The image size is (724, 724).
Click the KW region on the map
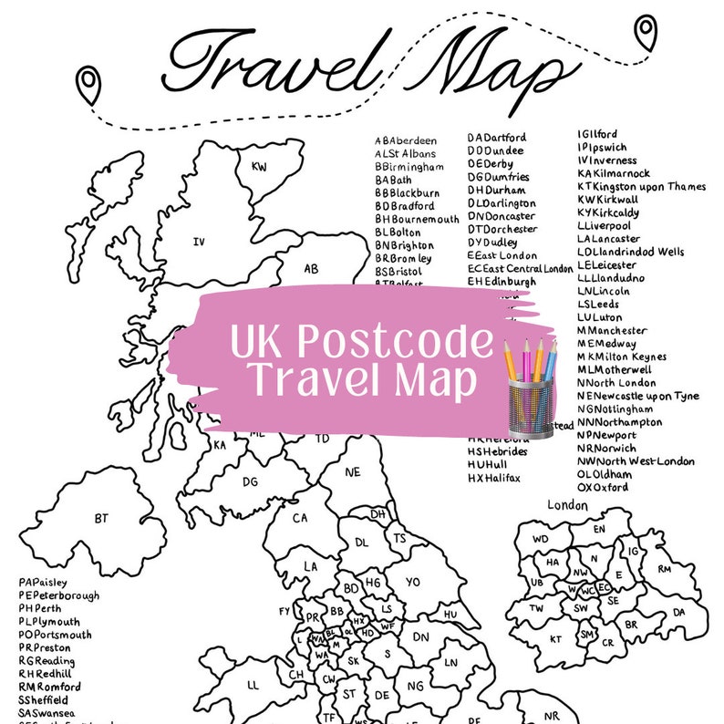[x=259, y=167]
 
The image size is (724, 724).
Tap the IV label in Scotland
[x=197, y=242]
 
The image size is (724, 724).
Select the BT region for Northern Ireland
[x=101, y=519]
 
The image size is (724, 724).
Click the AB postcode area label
[x=311, y=269]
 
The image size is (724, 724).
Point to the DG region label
[x=250, y=481]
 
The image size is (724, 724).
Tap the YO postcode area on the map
[x=412, y=581]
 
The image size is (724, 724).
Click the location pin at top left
[x=88, y=85]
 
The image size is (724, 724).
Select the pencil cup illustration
[x=529, y=387]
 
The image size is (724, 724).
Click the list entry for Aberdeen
[x=406, y=141]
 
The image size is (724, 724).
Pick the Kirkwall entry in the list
[x=616, y=199]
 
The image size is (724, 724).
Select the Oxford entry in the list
[x=603, y=488]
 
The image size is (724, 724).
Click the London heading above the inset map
[x=567, y=504]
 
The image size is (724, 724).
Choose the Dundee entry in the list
[x=496, y=150]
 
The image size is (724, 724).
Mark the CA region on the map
[x=300, y=518]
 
